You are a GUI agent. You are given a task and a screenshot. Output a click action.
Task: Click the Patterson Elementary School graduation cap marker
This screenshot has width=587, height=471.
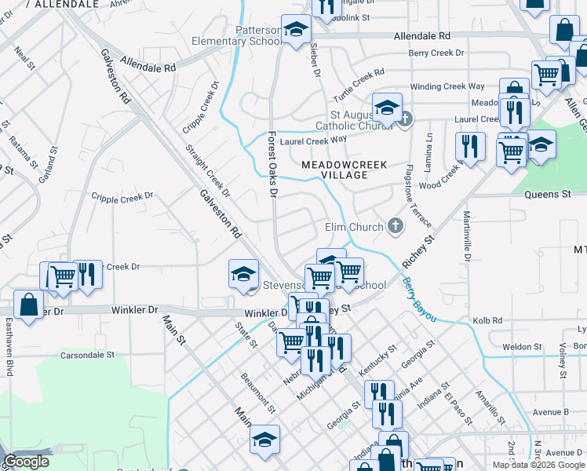(x=296, y=31)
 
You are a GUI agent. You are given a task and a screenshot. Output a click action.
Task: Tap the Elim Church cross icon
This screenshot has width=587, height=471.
(x=396, y=227)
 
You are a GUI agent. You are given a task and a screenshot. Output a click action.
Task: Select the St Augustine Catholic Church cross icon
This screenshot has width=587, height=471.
(x=405, y=119)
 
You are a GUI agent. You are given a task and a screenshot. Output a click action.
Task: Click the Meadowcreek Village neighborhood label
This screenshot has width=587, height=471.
(x=334, y=169)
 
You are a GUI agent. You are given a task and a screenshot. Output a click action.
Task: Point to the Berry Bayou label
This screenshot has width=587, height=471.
(x=418, y=299)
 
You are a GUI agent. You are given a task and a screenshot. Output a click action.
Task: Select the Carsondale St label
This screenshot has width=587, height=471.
(x=87, y=355)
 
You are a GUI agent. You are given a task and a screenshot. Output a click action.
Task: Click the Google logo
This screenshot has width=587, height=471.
(x=27, y=462)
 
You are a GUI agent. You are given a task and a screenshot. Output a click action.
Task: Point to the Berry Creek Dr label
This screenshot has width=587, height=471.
(x=436, y=53)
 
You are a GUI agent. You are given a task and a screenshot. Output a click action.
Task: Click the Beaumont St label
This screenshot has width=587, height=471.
(x=258, y=393)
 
